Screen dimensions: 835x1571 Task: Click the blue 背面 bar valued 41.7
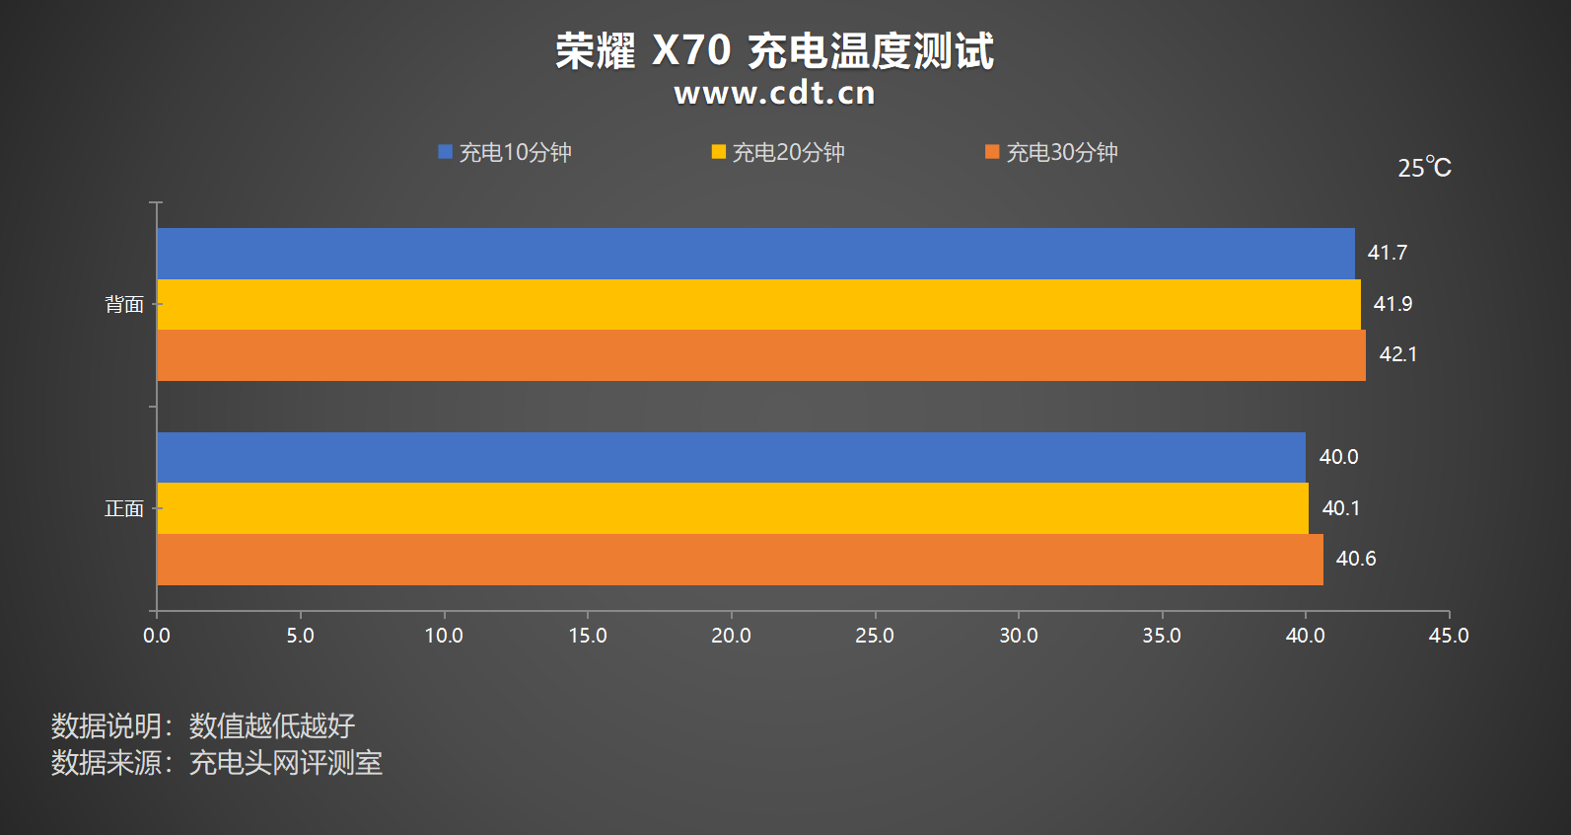(755, 254)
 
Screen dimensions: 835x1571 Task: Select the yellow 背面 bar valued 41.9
(758, 305)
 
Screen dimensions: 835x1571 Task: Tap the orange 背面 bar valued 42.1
(761, 355)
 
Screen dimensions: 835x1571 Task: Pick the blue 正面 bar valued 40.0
(731, 457)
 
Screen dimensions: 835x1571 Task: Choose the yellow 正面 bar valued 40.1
(733, 508)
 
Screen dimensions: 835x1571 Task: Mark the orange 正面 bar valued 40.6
(740, 560)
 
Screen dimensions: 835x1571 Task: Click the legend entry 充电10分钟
(505, 153)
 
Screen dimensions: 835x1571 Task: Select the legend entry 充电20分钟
(778, 153)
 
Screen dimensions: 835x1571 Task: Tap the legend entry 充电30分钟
(1051, 153)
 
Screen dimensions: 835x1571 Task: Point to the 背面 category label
(124, 305)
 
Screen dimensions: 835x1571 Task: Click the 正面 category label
(124, 509)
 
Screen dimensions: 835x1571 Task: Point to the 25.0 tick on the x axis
(875, 636)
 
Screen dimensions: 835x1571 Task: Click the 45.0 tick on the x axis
(1449, 636)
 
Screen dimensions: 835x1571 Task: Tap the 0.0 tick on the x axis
(157, 636)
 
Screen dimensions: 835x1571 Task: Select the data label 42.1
(1397, 354)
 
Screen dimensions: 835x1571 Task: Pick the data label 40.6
(1355, 559)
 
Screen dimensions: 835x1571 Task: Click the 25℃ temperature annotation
(1424, 168)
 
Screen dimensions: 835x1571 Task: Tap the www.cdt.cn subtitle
(775, 93)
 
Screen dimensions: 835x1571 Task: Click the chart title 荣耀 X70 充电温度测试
(775, 51)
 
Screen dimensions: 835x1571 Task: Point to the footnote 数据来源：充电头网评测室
(217, 763)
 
